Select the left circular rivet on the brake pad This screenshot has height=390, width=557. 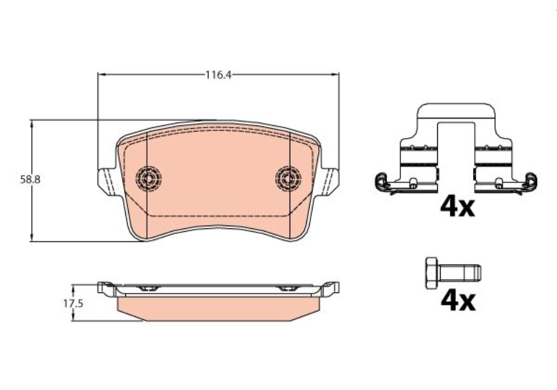point(149,178)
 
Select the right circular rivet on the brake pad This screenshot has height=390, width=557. point(289,178)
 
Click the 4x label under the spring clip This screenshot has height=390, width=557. point(457,207)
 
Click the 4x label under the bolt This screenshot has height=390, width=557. point(457,301)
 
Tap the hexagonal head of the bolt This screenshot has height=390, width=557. point(432,273)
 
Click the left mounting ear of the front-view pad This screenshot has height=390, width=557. point(106,181)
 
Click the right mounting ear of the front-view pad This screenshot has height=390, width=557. point(330,181)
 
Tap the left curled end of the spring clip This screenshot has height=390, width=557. point(381,181)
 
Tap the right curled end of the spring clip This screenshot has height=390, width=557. point(532,181)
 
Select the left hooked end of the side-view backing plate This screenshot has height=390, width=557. point(104,287)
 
